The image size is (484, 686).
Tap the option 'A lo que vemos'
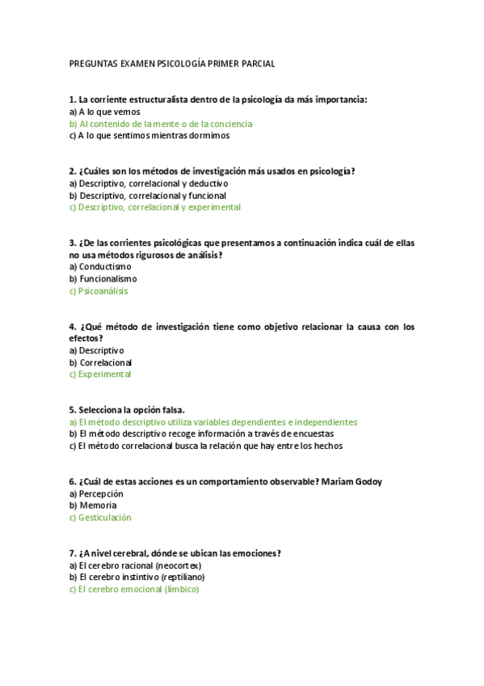109,112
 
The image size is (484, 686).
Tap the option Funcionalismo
108,278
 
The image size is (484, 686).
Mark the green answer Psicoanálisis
103,290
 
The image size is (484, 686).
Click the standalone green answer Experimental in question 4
104,375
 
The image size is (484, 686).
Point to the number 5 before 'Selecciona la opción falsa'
72,410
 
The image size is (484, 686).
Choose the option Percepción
101,493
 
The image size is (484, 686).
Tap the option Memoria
98,506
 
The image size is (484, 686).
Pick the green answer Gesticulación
105,518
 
